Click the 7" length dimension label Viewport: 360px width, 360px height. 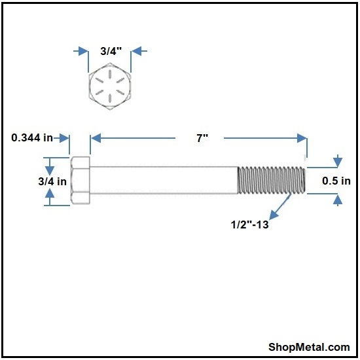pyautogui.click(x=202, y=138)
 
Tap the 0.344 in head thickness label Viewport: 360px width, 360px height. pyautogui.click(x=32, y=137)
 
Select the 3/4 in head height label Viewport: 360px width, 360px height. pyautogui.click(x=52, y=181)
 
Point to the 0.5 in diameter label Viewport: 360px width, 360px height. pyautogui.click(x=336, y=181)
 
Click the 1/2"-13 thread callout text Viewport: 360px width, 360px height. pyautogui.click(x=249, y=225)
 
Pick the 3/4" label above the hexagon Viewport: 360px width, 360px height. pyautogui.click(x=111, y=51)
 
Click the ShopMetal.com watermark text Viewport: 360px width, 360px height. pyautogui.click(x=309, y=347)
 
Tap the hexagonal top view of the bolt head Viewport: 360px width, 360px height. pyautogui.click(x=110, y=86)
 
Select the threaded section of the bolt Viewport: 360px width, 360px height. pyautogui.click(x=272, y=181)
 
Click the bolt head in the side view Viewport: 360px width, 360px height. pyautogui.click(x=81, y=180)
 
